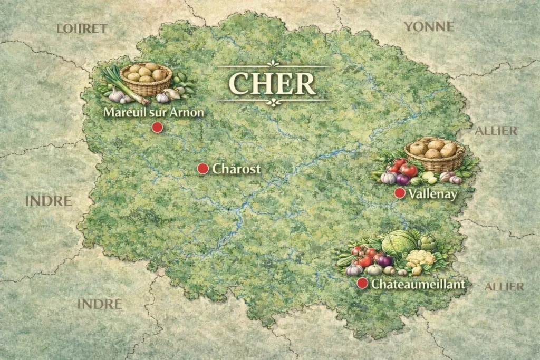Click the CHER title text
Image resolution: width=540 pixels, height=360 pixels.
coord(273,83)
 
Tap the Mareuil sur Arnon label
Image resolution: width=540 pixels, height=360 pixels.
coord(153,112)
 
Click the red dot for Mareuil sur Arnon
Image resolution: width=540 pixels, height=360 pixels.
coord(157,127)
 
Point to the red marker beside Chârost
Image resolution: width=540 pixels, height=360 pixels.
coord(202,169)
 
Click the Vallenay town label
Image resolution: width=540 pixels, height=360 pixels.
coord(432,194)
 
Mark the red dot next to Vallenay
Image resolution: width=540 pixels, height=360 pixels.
coord(400,193)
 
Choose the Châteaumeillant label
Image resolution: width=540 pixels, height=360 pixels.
coord(418,284)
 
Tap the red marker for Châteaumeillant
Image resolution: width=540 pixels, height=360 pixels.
coord(362,284)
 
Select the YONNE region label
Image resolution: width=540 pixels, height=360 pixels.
coord(429,26)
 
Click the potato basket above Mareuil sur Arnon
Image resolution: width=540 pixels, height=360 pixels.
coord(146,77)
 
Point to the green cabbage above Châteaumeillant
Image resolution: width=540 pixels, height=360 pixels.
coord(399,244)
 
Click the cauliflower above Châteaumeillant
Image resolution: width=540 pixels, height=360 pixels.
coord(420,259)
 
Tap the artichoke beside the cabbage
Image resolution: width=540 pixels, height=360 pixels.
coord(427,243)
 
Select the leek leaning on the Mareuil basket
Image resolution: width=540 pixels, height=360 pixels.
coord(119,84)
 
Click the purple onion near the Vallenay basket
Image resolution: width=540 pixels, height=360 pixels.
coord(403,179)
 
